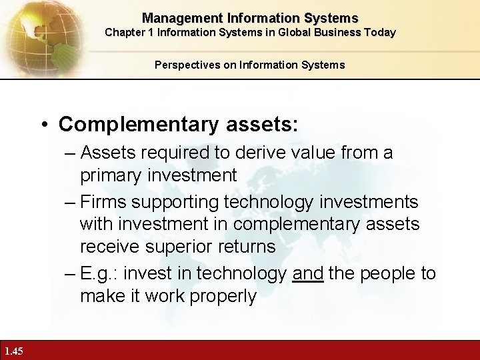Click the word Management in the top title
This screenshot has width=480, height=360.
(x=175, y=18)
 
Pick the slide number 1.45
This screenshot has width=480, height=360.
(x=13, y=351)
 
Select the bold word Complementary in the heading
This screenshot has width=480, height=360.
(x=131, y=125)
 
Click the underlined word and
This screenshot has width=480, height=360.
(x=307, y=273)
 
